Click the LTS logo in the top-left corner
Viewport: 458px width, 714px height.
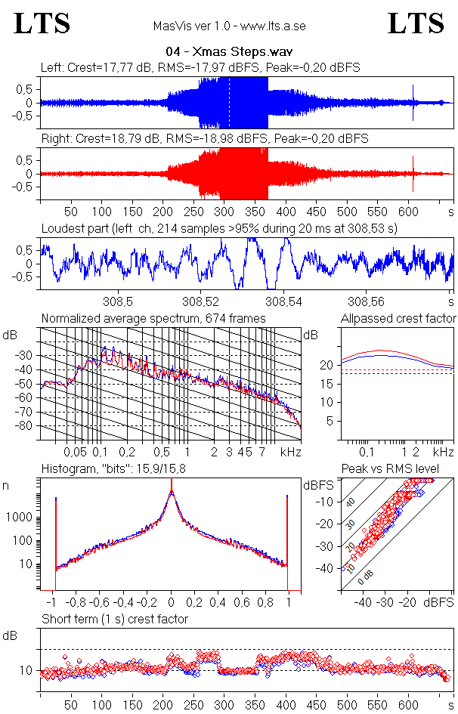(42, 24)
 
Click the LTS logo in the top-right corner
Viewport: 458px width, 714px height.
(416, 24)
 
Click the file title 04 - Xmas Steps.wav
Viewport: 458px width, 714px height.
(229, 52)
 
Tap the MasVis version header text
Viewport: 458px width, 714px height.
(229, 26)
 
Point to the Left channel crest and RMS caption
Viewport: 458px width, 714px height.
(200, 67)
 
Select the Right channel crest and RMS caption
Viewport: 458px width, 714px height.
(204, 139)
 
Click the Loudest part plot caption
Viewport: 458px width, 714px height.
(219, 227)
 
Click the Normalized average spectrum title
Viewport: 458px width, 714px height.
(153, 318)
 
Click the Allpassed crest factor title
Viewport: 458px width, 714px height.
(398, 318)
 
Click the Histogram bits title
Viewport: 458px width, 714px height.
(114, 469)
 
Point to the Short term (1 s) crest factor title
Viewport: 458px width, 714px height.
(114, 619)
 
